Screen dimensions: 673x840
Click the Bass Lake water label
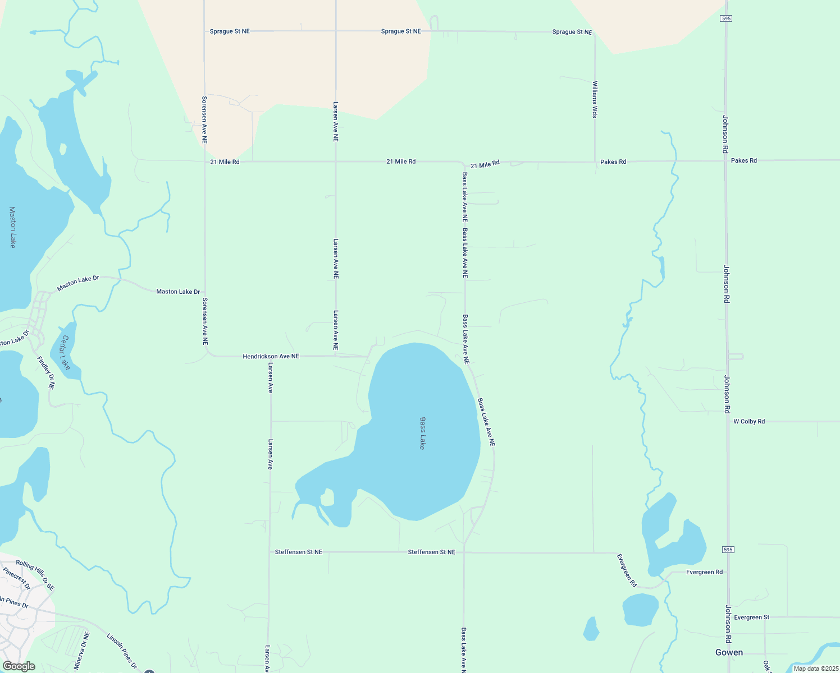click(422, 433)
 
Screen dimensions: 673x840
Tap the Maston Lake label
click(12, 227)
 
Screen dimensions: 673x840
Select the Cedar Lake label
click(66, 353)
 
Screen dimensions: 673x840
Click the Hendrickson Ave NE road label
click(271, 356)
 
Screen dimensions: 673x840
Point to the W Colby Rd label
click(749, 421)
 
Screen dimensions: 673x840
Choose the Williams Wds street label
click(595, 99)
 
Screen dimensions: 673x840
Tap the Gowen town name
click(729, 652)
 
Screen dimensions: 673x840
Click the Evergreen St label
click(752, 617)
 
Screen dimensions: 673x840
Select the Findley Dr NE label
click(46, 373)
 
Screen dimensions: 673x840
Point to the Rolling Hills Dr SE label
click(35, 575)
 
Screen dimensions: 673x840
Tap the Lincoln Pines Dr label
click(122, 651)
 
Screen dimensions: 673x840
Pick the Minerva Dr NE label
click(82, 651)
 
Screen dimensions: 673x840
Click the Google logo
click(19, 666)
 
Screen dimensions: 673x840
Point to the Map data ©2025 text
click(815, 669)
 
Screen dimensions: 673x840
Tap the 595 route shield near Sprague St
click(726, 19)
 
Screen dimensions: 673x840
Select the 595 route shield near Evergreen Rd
click(728, 550)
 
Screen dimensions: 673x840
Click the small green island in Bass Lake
click(327, 497)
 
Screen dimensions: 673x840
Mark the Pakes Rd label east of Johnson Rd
click(744, 160)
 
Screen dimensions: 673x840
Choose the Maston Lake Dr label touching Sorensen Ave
click(178, 292)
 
